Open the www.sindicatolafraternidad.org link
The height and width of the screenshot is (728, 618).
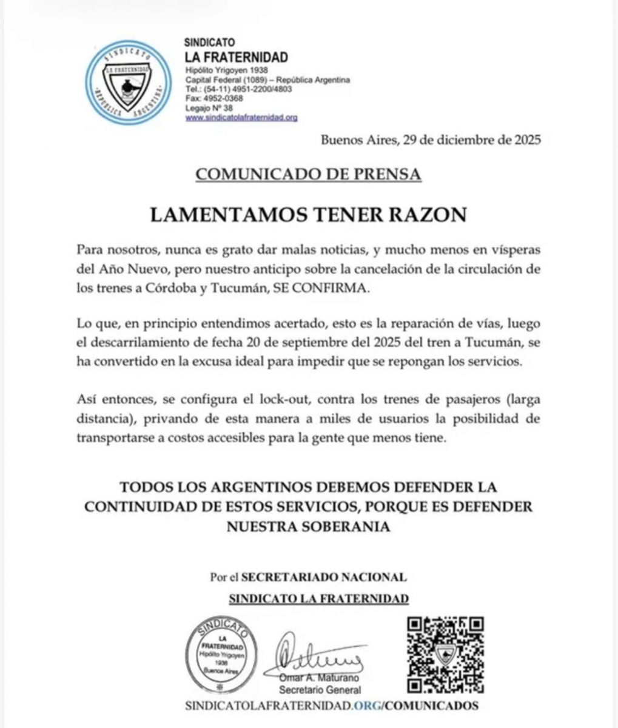coord(241,118)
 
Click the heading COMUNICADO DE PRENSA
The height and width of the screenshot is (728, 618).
coord(307,174)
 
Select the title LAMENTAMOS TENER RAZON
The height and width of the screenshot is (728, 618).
coord(308,215)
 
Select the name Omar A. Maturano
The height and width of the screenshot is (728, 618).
coord(320,678)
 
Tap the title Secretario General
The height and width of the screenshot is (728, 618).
coord(320,690)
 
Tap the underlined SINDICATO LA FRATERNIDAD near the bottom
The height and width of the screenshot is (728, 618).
coord(318,599)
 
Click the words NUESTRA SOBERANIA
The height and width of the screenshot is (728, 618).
coord(308,527)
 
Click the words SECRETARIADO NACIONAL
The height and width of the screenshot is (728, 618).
coord(324,577)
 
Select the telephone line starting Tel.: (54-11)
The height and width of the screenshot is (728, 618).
coord(238,89)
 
